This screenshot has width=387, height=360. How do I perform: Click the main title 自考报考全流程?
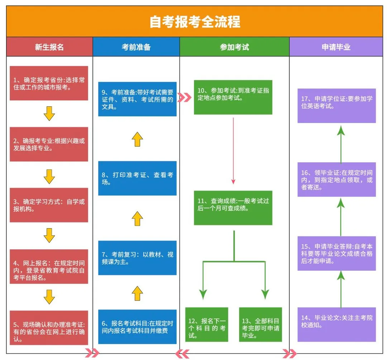195,22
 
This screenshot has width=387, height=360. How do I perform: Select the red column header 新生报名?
49,47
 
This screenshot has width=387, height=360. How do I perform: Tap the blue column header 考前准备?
136,47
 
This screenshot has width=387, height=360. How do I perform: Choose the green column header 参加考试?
234,47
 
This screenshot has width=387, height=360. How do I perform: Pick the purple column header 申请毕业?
336,47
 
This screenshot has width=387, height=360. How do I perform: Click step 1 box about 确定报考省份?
49,83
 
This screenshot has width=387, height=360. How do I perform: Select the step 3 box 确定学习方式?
49,205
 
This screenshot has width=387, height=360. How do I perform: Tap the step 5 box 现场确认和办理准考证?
49,328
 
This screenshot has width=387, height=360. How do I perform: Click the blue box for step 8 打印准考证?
137,178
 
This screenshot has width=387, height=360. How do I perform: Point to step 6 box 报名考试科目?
137,327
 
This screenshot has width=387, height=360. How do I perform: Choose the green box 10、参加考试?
233,97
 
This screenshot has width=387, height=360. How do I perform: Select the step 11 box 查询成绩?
233,208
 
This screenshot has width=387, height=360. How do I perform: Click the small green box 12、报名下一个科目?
207,325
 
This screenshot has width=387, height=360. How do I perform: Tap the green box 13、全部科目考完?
261,325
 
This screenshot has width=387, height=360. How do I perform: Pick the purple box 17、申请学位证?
336,106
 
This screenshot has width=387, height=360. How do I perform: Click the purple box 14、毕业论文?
336,324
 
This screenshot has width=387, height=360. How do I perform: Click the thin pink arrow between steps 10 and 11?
233,150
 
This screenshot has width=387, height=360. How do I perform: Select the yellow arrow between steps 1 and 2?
49,114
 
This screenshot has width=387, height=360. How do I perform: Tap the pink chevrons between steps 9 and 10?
185,97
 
